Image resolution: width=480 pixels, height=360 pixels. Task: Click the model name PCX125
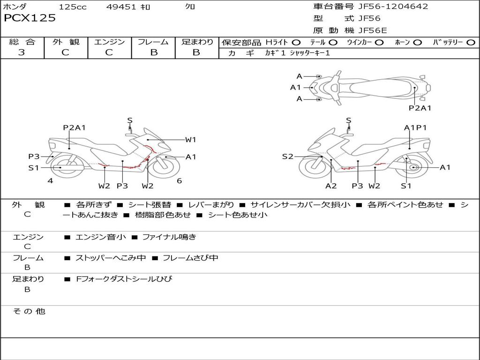[x=30, y=18]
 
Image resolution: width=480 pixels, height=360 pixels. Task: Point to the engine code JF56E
[x=373, y=30]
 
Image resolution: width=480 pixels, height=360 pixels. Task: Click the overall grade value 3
[x=22, y=52]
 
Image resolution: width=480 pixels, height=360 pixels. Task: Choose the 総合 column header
[x=22, y=42]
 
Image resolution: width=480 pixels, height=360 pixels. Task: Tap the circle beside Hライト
[x=296, y=43]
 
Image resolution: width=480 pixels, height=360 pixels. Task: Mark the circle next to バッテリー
[x=471, y=43]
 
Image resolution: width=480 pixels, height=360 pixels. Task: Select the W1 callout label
[x=190, y=139]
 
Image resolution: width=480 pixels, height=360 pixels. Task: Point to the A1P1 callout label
[x=415, y=127]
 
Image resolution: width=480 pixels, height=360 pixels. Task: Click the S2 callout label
[x=287, y=157]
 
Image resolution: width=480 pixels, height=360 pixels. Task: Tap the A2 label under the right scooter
[x=331, y=186]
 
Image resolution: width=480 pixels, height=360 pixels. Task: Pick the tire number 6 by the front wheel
[x=179, y=181]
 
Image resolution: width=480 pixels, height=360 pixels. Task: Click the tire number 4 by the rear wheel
[x=50, y=181]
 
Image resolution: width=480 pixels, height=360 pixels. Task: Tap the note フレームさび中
[x=190, y=258]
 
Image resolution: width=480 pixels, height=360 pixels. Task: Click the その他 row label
[x=29, y=311]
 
